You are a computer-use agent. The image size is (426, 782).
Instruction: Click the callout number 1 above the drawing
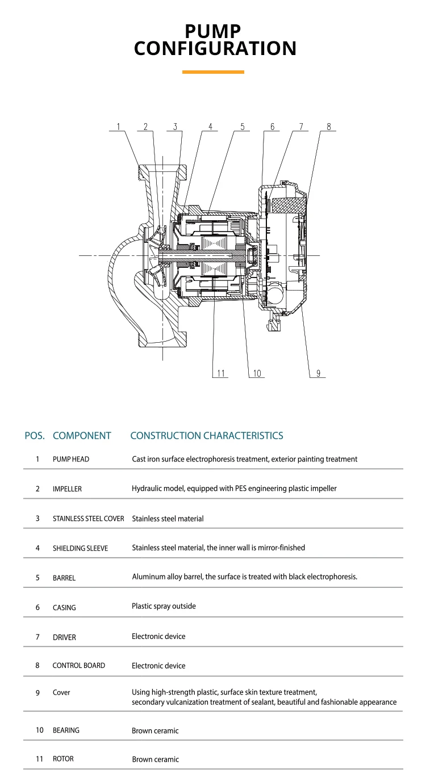(x=118, y=127)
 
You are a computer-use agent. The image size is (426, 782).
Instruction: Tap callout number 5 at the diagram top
(x=242, y=127)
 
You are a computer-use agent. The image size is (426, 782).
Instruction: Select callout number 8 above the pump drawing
(x=328, y=127)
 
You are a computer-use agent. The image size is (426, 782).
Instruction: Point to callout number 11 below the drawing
(x=221, y=373)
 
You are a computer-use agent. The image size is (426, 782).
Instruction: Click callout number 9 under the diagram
(x=318, y=373)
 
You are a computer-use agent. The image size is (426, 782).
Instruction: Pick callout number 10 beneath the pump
(x=257, y=373)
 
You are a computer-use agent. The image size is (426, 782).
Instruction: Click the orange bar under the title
(x=213, y=72)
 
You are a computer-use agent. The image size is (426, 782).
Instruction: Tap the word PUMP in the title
(x=213, y=31)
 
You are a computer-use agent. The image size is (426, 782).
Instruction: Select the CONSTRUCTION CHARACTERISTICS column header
(x=207, y=435)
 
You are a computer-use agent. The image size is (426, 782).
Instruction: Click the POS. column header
(x=35, y=436)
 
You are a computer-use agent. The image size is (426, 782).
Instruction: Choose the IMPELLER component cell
(x=67, y=489)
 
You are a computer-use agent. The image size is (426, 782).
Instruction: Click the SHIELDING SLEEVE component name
(x=81, y=548)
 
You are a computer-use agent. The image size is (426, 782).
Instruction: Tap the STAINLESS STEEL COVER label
(x=89, y=519)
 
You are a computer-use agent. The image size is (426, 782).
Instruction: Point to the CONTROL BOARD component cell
(x=78, y=666)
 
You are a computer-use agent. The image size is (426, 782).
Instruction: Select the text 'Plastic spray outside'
(x=164, y=606)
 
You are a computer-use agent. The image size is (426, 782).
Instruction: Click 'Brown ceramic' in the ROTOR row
(x=156, y=759)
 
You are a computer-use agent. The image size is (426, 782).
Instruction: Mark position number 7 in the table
(x=37, y=637)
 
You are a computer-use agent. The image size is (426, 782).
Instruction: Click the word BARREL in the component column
(x=64, y=578)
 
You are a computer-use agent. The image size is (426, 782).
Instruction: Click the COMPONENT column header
(x=82, y=436)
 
